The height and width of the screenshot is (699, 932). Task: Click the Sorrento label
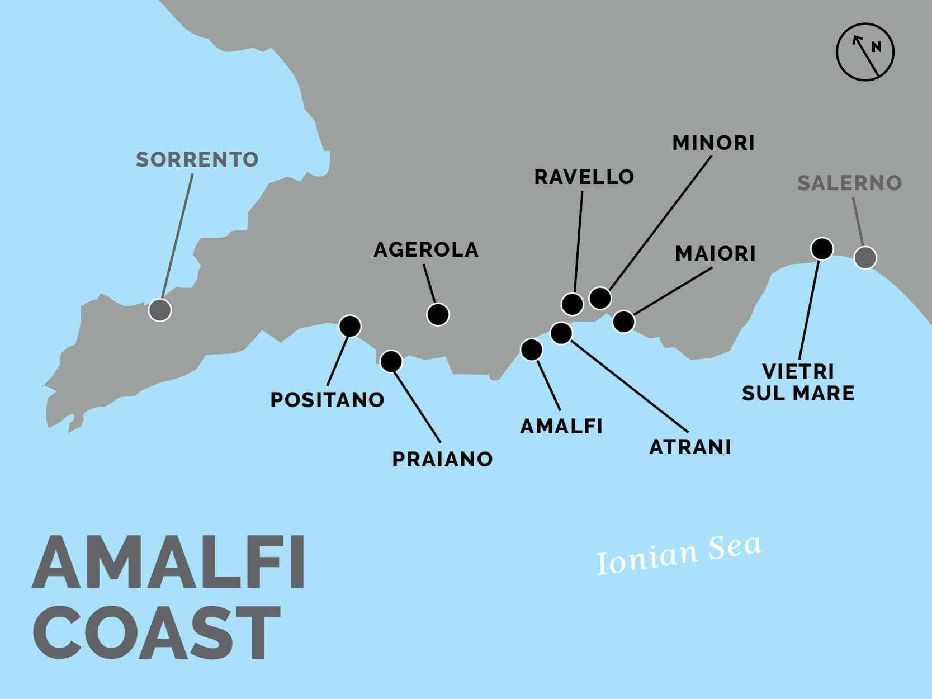click(x=197, y=159)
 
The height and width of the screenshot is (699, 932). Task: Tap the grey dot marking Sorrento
click(x=160, y=310)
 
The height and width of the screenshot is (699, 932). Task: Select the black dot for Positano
click(x=350, y=326)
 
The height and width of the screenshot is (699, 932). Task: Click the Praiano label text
click(x=442, y=459)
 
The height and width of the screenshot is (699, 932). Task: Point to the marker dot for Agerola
click(x=438, y=314)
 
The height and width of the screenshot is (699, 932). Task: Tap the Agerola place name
click(x=426, y=249)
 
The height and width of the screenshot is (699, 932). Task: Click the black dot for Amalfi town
click(x=531, y=349)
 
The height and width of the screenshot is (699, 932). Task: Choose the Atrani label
click(x=690, y=447)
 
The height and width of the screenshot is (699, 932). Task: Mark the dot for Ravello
click(x=572, y=304)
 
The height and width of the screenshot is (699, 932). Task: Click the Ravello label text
click(x=584, y=177)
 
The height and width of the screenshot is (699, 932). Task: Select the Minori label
click(x=713, y=143)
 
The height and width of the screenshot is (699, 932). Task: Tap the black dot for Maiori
click(x=623, y=322)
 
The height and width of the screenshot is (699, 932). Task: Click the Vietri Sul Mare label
click(x=798, y=382)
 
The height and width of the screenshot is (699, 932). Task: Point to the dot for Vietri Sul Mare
click(x=822, y=248)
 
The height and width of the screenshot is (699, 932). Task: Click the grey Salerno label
click(x=849, y=183)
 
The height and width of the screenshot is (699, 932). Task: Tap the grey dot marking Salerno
click(x=865, y=258)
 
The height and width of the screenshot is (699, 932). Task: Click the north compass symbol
click(x=865, y=52)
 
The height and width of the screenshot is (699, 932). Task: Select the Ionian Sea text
click(x=679, y=554)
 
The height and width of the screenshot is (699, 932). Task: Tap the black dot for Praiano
click(x=391, y=361)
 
